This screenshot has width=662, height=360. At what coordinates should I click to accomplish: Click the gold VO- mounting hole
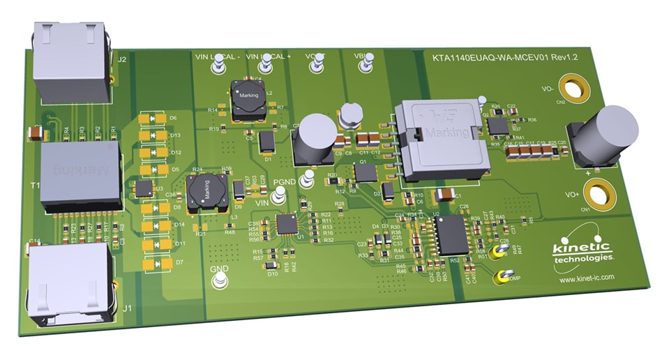pyautogui.click(x=573, y=89)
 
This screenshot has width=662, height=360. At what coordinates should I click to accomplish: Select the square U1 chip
pyautogui.click(x=287, y=224)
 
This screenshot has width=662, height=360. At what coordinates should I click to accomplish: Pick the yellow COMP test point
pyautogui.click(x=500, y=278)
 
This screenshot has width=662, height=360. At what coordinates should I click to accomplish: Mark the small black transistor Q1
pyautogui.click(x=364, y=172)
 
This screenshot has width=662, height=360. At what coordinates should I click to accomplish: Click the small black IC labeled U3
pyautogui.click(x=144, y=188)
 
